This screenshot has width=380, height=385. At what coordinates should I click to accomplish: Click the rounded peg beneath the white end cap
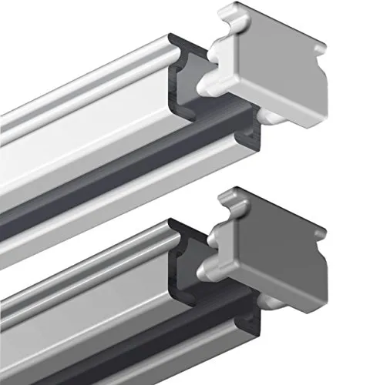pos(266,115)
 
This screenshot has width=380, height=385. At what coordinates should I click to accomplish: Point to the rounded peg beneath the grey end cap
pos(266,293)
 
